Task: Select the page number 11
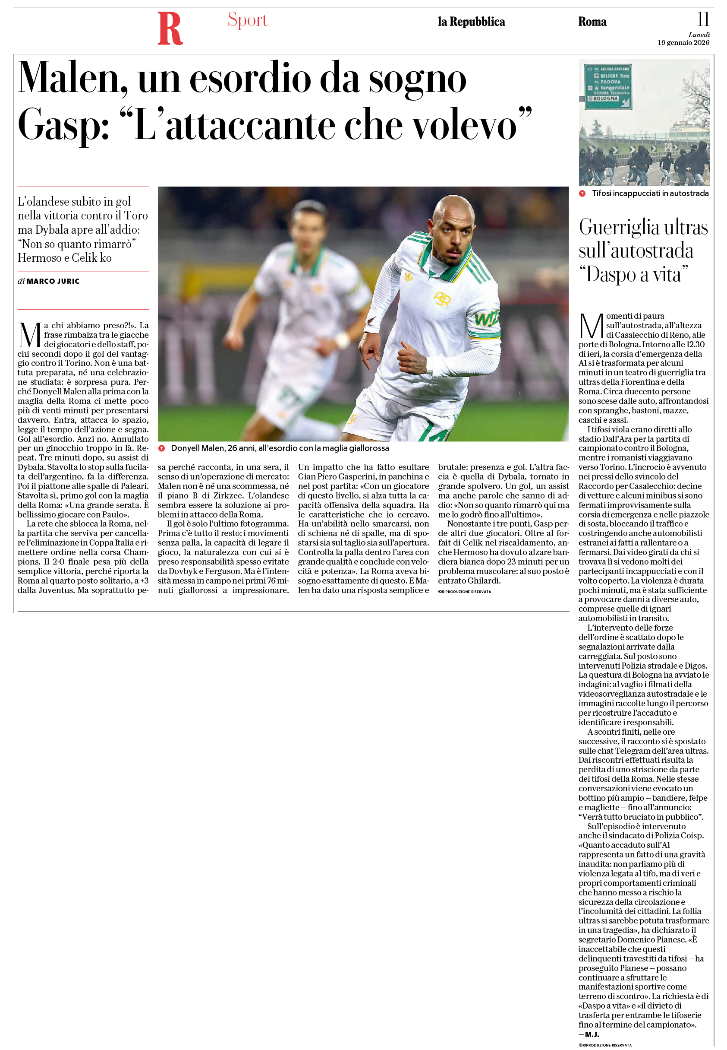pos(703,19)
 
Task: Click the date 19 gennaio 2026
pos(683,43)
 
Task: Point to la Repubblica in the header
pos(471,22)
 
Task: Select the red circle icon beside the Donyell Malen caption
pos(161,448)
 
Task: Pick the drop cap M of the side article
pos(591,326)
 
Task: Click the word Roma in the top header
pos(592,22)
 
